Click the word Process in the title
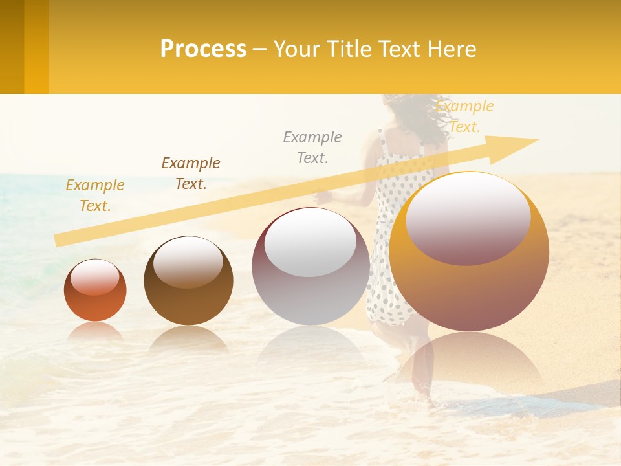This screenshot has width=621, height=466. pyautogui.click(x=203, y=49)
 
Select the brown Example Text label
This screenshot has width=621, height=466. pyautogui.click(x=191, y=173)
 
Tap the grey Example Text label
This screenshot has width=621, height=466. pyautogui.click(x=312, y=148)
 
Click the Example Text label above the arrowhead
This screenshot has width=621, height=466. pyautogui.click(x=464, y=116)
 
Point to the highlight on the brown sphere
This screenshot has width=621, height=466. pyautogui.click(x=188, y=260)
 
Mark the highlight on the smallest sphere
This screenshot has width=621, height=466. pyautogui.click(x=95, y=277)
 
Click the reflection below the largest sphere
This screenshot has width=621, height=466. pyautogui.click(x=469, y=362)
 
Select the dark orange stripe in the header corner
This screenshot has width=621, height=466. pyautogui.click(x=12, y=47)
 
